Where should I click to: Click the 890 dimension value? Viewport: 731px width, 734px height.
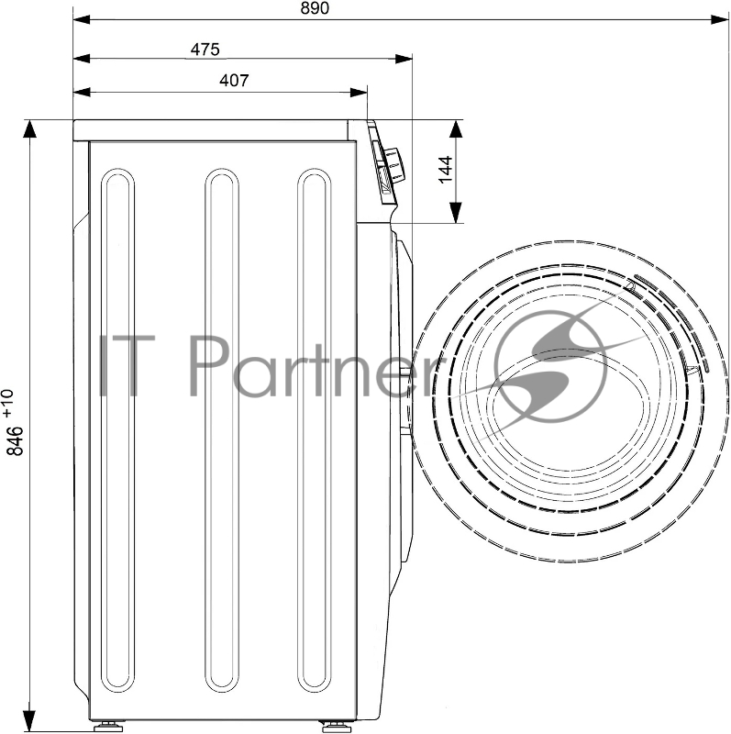(315, 8)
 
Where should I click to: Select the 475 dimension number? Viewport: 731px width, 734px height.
(205, 50)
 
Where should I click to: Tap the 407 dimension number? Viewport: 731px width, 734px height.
(234, 81)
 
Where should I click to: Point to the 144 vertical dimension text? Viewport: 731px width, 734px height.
(446, 170)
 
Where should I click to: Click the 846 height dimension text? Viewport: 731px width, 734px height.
(16, 440)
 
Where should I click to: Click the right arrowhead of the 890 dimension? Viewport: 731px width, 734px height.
(720, 19)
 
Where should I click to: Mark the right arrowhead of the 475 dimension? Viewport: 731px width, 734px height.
(404, 59)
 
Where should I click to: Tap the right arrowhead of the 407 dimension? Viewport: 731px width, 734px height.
(359, 93)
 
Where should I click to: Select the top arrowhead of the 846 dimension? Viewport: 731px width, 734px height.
(29, 128)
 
